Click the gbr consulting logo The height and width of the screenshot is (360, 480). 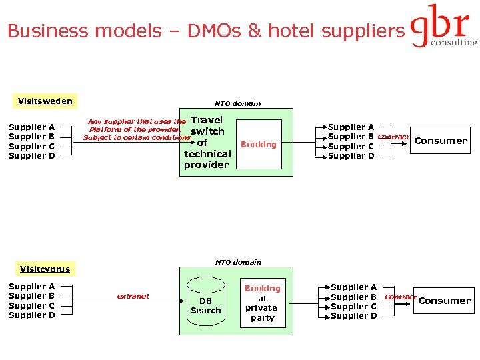443,27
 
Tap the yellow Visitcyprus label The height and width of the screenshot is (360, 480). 45,269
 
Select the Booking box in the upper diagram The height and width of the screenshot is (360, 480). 259,144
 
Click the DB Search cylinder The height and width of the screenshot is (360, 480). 205,305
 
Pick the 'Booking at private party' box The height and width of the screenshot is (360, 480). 262,303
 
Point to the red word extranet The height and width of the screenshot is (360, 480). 133,296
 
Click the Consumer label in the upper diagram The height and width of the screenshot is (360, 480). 440,141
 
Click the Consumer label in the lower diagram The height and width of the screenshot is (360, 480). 444,301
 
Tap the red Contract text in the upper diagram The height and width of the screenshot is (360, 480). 393,137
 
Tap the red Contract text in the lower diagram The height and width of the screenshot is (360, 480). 401,297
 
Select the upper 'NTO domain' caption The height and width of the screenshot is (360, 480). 237,103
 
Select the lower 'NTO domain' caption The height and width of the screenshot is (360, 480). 238,262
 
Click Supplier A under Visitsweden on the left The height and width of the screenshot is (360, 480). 31,127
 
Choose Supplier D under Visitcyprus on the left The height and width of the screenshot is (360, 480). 31,315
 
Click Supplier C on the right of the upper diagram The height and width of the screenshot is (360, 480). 351,147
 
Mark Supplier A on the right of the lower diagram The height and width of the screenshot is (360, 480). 353,287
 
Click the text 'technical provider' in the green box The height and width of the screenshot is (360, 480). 207,159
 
